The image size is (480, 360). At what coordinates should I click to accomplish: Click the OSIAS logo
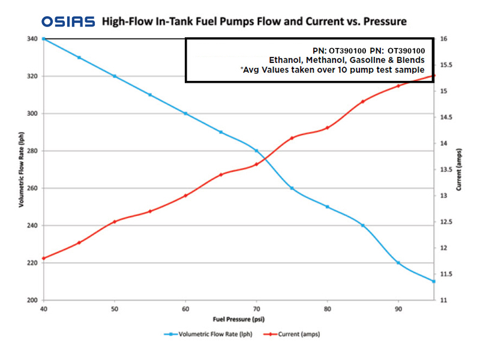(x=68, y=22)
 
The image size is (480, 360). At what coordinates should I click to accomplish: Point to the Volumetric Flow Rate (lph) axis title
(x=22, y=169)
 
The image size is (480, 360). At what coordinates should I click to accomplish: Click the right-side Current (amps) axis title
(x=458, y=169)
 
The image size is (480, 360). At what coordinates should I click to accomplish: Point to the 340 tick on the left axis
(x=32, y=39)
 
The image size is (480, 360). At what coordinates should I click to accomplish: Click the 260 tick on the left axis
(x=32, y=188)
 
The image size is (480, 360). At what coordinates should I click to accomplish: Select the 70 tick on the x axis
(x=256, y=308)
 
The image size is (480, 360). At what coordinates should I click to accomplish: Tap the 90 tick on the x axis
(x=398, y=308)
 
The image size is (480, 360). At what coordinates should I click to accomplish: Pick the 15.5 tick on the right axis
(x=448, y=65)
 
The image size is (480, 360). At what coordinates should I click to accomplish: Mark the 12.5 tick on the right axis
(x=448, y=222)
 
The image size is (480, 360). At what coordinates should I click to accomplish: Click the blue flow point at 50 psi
(x=115, y=76)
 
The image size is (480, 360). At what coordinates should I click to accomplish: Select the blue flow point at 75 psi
(x=292, y=188)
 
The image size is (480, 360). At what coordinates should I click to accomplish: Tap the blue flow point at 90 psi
(x=398, y=263)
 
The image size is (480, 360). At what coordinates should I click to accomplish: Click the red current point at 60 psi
(x=185, y=196)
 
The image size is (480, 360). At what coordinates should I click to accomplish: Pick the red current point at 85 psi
(x=362, y=101)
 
